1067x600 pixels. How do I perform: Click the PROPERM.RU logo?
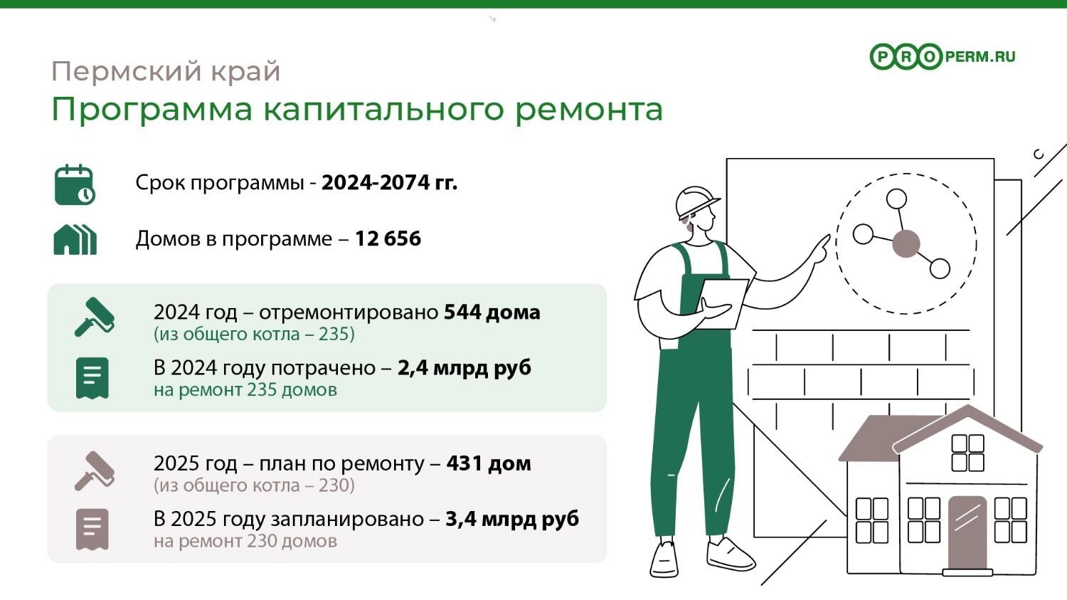point(943,57)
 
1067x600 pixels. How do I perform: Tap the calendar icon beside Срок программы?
point(75,185)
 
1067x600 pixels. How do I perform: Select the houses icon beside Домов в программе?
point(75,240)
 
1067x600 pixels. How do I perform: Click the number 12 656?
point(388,238)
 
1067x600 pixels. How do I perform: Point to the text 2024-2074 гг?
point(389,182)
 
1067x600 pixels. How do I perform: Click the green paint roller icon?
point(95,317)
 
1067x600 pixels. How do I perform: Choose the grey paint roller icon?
point(95,471)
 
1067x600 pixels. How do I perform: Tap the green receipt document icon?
point(92,378)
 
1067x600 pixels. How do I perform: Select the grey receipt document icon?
point(92,530)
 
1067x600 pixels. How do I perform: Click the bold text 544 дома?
point(492,312)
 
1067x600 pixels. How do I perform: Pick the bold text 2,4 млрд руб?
point(464,368)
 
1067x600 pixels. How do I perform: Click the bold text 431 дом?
point(489,463)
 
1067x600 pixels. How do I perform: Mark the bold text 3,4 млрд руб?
point(512,519)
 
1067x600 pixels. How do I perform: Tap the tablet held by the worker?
point(722,304)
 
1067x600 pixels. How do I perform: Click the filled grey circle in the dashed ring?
point(906,243)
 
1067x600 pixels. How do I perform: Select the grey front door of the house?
point(967,533)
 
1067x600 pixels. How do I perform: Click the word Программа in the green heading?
point(152,109)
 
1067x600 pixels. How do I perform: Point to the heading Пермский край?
point(166,71)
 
